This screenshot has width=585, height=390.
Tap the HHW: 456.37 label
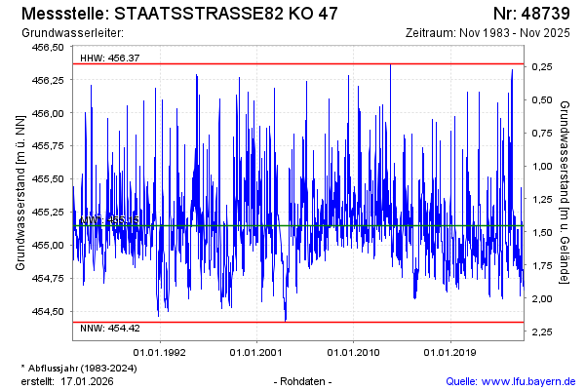[x=110, y=58]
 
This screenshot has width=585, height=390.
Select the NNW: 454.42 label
[x=110, y=328]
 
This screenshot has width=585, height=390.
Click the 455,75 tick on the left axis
[x=48, y=146]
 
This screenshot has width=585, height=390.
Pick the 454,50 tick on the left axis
[x=48, y=311]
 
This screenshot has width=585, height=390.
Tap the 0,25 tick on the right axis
[x=542, y=66]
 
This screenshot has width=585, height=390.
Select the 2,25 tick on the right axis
[x=542, y=332]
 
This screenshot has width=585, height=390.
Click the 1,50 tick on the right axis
[x=542, y=232]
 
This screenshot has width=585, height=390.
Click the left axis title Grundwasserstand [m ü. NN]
[x=20, y=190]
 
